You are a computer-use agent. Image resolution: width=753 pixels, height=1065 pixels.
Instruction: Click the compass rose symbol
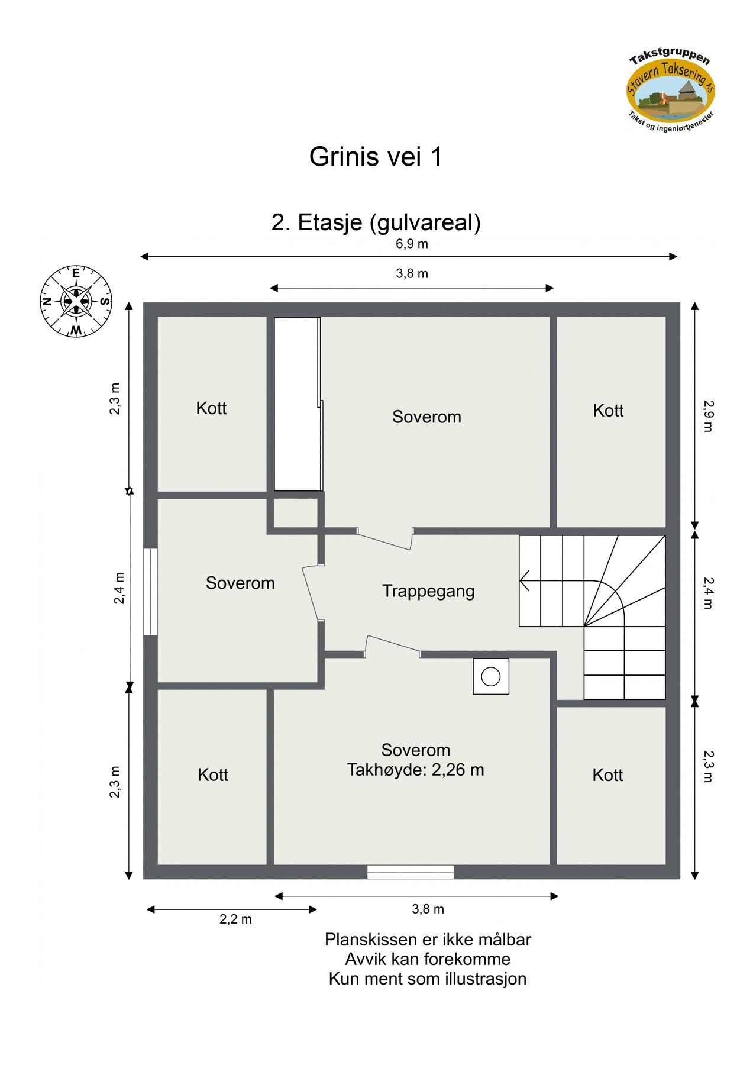(x=76, y=301)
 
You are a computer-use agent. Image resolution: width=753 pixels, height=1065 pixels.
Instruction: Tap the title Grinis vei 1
(x=376, y=157)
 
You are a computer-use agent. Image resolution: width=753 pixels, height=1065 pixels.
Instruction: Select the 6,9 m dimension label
(x=412, y=244)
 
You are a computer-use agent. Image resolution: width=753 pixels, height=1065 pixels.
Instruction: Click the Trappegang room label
(x=428, y=591)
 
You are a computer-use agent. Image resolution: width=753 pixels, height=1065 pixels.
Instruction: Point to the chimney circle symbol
(x=490, y=676)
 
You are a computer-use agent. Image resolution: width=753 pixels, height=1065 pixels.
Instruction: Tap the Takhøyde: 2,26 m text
(x=415, y=770)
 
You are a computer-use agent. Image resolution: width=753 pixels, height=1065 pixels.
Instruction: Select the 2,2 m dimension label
(x=235, y=919)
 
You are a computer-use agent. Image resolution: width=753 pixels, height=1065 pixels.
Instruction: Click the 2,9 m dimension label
(x=708, y=416)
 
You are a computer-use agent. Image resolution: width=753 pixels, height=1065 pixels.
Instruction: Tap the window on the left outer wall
(x=151, y=592)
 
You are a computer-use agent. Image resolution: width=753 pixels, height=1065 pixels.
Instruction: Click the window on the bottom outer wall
(x=411, y=872)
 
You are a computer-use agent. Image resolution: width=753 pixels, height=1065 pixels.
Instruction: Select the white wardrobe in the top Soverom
(x=298, y=404)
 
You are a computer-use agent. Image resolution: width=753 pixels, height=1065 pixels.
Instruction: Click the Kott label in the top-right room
(x=608, y=411)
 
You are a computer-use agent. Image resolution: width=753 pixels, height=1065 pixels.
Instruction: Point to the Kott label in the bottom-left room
(x=212, y=775)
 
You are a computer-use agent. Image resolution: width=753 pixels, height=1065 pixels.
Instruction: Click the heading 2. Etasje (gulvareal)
(x=376, y=222)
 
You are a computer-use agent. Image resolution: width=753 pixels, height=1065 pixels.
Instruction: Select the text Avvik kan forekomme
(x=427, y=959)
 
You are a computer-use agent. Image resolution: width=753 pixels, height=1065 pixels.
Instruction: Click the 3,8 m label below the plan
(x=428, y=909)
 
